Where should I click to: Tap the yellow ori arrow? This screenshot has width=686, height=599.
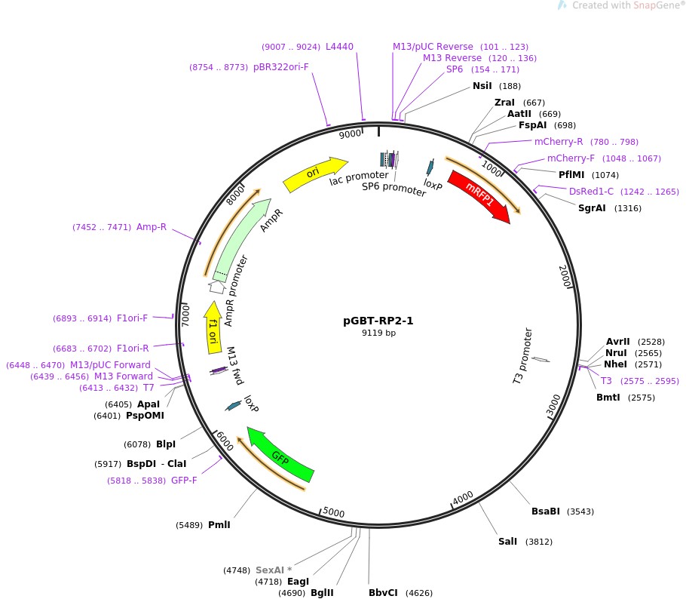pos(314,174)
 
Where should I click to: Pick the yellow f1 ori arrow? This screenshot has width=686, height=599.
pos(214,327)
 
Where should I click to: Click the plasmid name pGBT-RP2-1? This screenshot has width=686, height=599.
pos(378,320)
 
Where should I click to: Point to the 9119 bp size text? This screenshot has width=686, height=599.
pos(378,333)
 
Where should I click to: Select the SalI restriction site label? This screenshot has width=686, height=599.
pos(507,541)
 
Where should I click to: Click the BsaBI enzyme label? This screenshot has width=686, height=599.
pos(546,511)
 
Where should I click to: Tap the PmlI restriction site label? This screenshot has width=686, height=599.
pos(219,525)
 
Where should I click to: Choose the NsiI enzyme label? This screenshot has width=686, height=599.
pos(482,86)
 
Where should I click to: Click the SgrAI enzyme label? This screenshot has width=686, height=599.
pos(592,208)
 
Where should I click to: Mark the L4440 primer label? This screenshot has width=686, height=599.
pos(339,47)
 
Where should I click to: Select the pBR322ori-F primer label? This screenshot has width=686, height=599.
pos(281,67)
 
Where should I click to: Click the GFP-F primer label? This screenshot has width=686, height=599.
pos(184,480)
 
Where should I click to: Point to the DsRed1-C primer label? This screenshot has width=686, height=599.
pos(591,192)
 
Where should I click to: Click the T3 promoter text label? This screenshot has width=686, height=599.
pos(528,355)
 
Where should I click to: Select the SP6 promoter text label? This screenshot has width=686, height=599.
pos(394,188)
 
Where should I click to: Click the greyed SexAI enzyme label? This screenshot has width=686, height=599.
pos(273,570)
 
